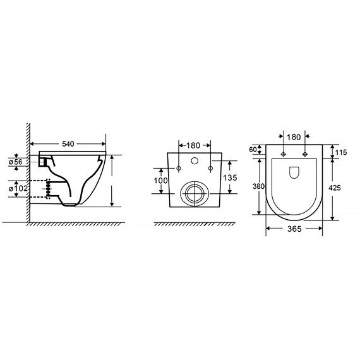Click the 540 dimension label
(68, 144)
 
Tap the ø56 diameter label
(16, 162)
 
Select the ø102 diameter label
(18, 188)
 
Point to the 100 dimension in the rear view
(160, 181)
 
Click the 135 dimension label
(230, 177)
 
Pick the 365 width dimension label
(294, 229)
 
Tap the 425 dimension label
(335, 188)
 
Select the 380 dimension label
(258, 186)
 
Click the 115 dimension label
(341, 152)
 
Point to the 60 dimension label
(253, 150)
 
